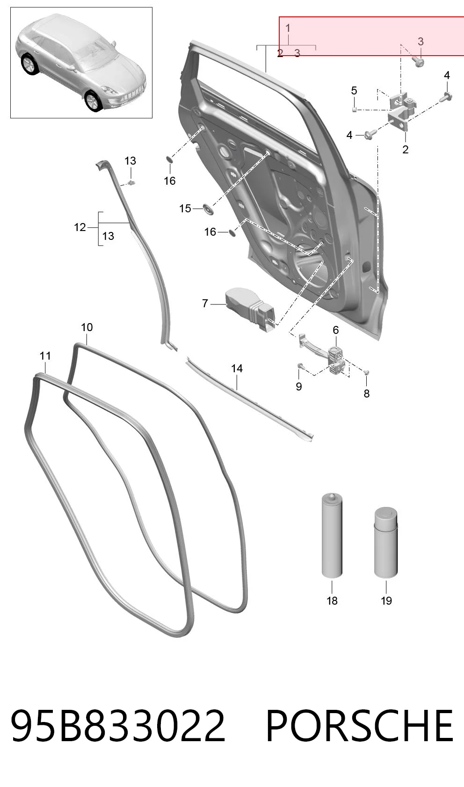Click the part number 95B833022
(x=118, y=725)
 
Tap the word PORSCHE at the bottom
(x=360, y=725)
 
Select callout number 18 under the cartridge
(x=332, y=600)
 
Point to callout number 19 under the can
(x=386, y=600)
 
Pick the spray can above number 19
(x=386, y=542)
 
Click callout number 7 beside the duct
(x=205, y=303)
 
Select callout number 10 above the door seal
(x=87, y=327)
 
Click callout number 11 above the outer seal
(x=45, y=356)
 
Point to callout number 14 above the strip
(x=237, y=368)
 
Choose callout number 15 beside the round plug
(x=185, y=209)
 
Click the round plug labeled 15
(x=209, y=209)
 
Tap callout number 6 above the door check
(x=336, y=330)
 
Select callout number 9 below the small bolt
(x=299, y=386)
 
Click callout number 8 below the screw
(x=367, y=394)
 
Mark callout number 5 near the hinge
(x=354, y=91)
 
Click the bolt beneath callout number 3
(x=419, y=63)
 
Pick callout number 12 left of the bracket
(x=80, y=227)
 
